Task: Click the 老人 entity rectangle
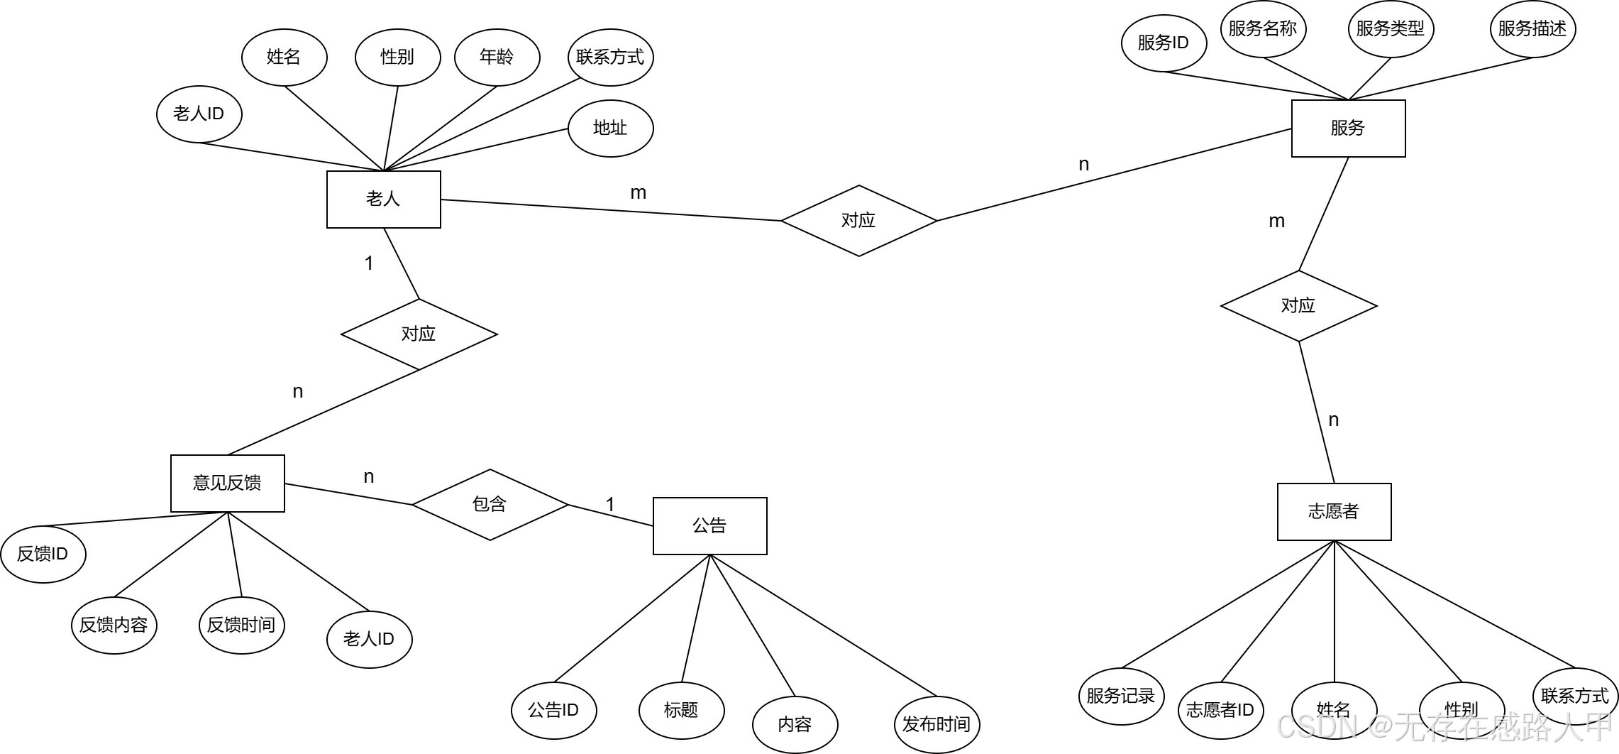point(383,199)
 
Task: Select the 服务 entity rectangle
point(1348,128)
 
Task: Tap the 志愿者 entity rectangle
point(1334,511)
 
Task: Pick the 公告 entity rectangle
point(709,525)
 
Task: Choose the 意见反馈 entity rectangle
point(227,483)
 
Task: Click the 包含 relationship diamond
point(490,504)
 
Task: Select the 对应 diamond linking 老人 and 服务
point(858,220)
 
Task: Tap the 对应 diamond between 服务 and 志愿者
point(1298,305)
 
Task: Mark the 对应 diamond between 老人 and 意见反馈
point(419,334)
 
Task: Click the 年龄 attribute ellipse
point(497,57)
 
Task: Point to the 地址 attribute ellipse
point(610,128)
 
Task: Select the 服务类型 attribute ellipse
point(1391,28)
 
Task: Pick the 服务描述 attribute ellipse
point(1532,28)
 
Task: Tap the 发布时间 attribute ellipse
point(936,724)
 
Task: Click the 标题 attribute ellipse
point(681,710)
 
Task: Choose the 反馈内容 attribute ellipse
point(114,625)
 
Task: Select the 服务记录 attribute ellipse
point(1121,696)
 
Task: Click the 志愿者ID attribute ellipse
point(1220,710)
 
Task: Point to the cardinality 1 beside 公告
point(610,505)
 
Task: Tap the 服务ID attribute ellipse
point(1164,43)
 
